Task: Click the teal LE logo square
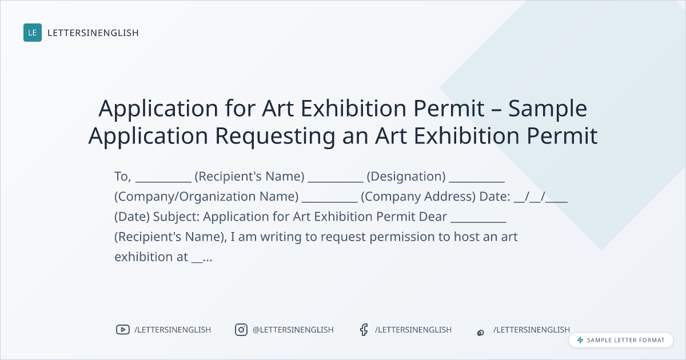pos(33,33)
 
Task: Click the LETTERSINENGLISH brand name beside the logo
pos(93,33)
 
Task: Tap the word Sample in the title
pos(548,109)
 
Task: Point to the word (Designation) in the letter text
pos(406,177)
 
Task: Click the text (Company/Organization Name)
pos(206,197)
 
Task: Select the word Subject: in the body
pos(177,217)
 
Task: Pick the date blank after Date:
pos(541,197)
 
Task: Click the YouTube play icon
pos(123,330)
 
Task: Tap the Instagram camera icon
pos(241,330)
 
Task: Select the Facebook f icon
pos(364,330)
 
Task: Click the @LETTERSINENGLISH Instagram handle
pos(293,330)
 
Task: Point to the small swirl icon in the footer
pos(481,333)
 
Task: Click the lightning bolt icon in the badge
pos(580,340)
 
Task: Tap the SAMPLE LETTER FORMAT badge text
pos(625,340)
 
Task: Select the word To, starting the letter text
pos(122,177)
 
